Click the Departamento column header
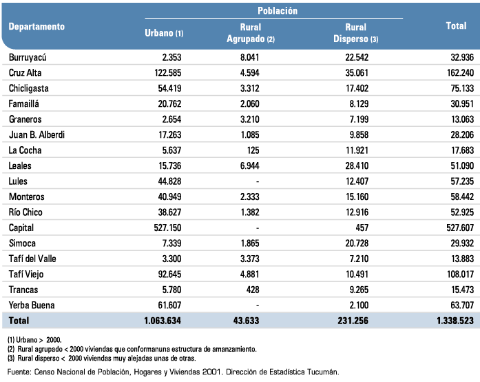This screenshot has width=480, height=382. (x=36, y=27)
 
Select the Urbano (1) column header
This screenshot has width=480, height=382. (x=164, y=33)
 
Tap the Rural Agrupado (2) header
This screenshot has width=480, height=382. (x=251, y=33)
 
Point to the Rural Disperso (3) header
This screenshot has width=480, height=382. (x=356, y=33)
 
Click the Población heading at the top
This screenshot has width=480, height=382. (x=278, y=11)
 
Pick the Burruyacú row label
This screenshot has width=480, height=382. (x=28, y=57)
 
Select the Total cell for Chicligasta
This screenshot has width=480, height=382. (x=462, y=88)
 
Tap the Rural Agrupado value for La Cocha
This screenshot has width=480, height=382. (x=253, y=150)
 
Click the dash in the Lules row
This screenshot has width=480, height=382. (x=258, y=181)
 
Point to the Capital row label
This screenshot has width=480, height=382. (x=21, y=228)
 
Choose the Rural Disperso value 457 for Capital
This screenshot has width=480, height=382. (x=362, y=228)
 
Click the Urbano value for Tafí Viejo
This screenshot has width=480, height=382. (x=169, y=274)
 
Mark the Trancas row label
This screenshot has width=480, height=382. (x=23, y=290)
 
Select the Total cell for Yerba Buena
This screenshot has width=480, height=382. (x=462, y=305)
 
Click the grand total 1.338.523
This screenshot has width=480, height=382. (x=455, y=321)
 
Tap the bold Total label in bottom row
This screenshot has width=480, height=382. (x=19, y=321)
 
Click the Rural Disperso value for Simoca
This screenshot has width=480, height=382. (x=357, y=243)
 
